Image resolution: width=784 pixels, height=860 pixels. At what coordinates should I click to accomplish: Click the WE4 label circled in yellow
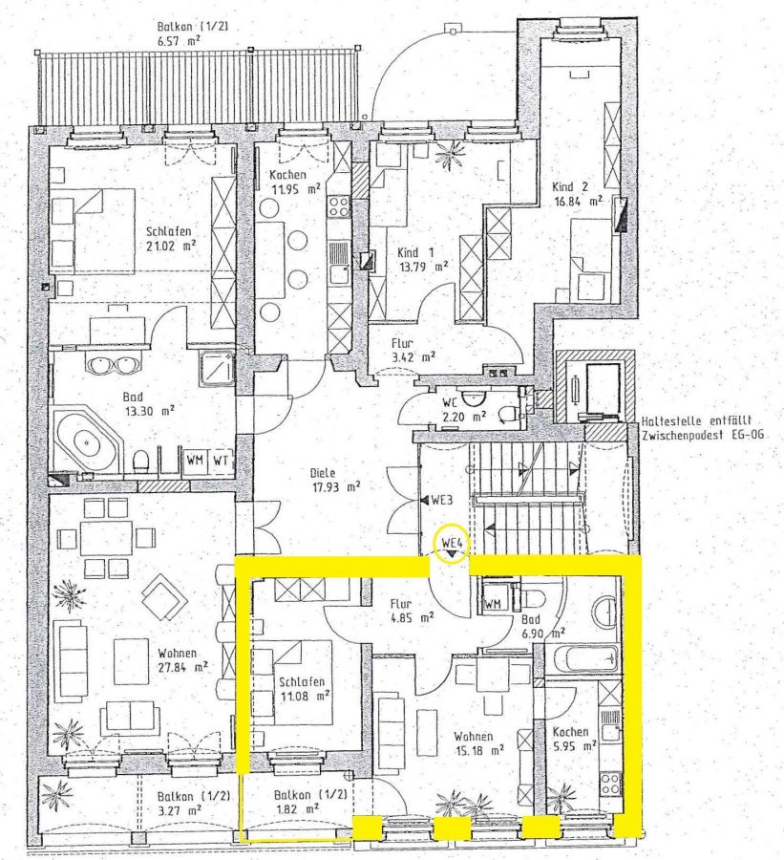point(453,543)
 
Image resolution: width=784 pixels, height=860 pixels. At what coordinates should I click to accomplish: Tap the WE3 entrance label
point(441,500)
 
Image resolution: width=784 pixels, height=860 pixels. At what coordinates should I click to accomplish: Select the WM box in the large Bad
point(196,461)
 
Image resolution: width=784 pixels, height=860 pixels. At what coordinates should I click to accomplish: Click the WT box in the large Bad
point(221,461)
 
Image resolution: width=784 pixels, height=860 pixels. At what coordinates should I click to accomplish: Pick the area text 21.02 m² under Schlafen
point(171,247)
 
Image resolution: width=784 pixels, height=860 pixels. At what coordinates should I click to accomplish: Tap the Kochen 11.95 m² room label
point(293,183)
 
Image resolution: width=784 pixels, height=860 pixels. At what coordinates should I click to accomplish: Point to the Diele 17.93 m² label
point(334,480)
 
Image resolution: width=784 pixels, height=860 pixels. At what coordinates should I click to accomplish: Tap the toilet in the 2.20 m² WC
point(507,413)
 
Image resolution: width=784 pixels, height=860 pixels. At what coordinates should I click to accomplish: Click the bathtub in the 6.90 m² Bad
point(585,659)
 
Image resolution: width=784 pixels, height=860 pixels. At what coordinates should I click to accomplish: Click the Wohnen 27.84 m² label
point(182,659)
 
